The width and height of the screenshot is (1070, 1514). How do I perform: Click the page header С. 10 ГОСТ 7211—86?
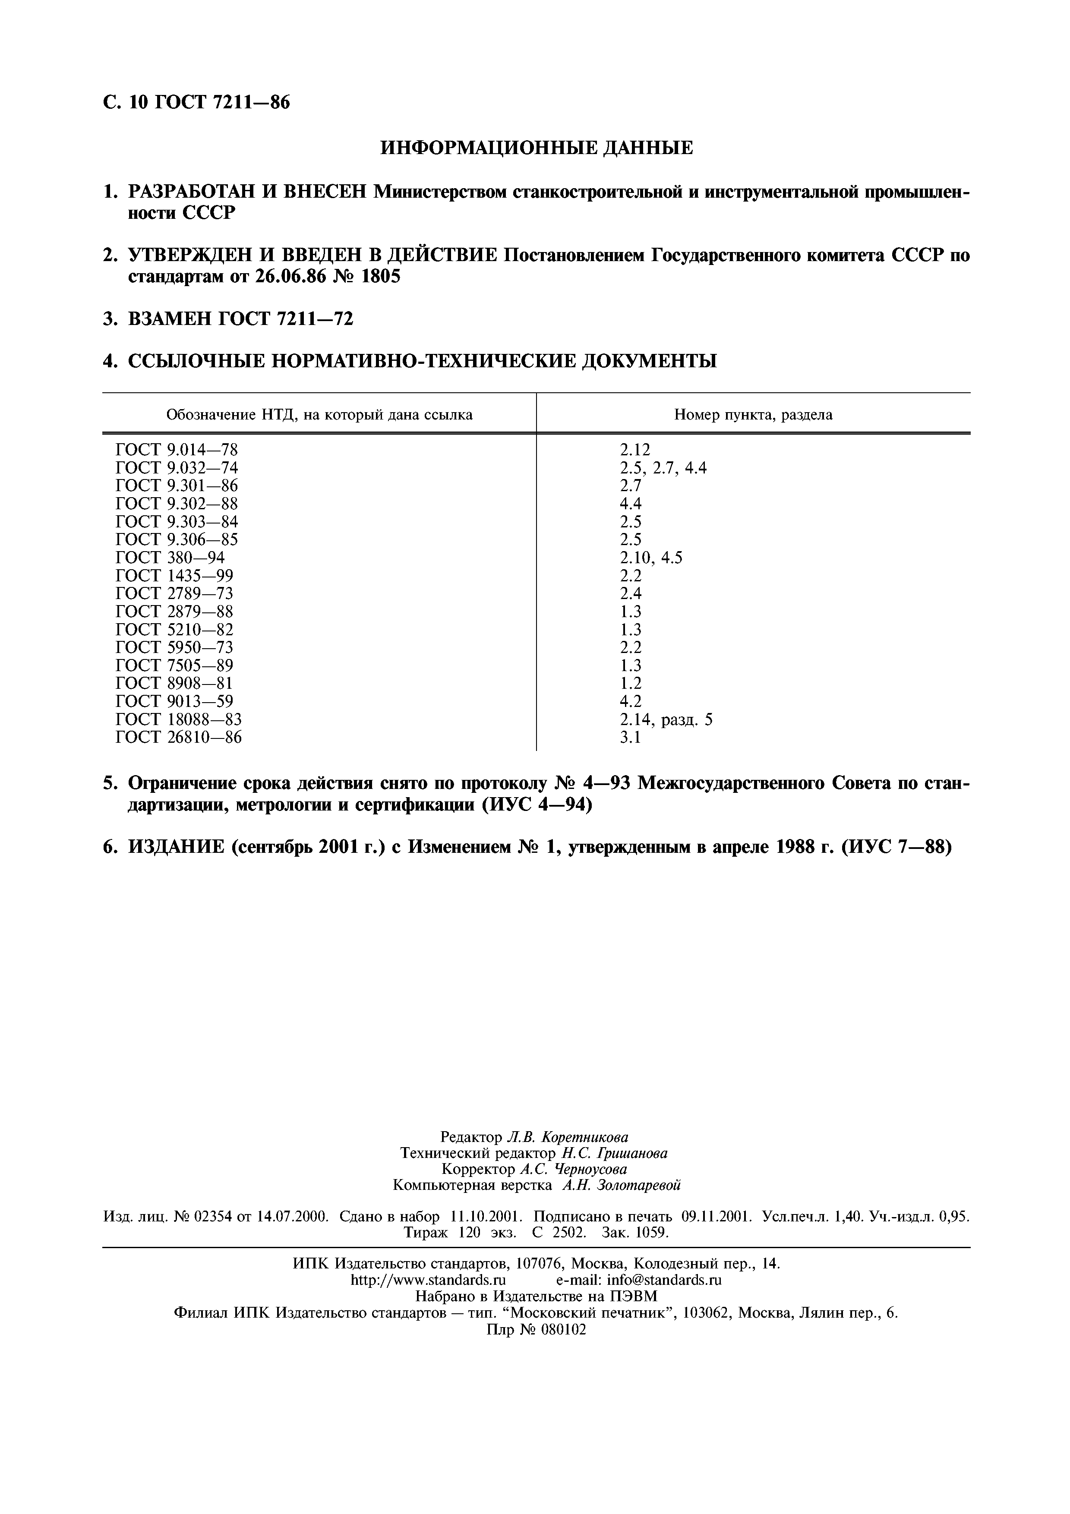pos(196,103)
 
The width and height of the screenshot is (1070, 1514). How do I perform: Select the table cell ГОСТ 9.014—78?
pos(176,450)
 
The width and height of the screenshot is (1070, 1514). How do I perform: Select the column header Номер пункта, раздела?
pos(753,415)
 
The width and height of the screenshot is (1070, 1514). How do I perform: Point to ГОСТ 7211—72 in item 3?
pos(285,319)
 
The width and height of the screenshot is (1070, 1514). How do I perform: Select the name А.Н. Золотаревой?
pos(621,1185)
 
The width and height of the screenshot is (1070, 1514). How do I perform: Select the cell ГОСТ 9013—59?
pos(174,701)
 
